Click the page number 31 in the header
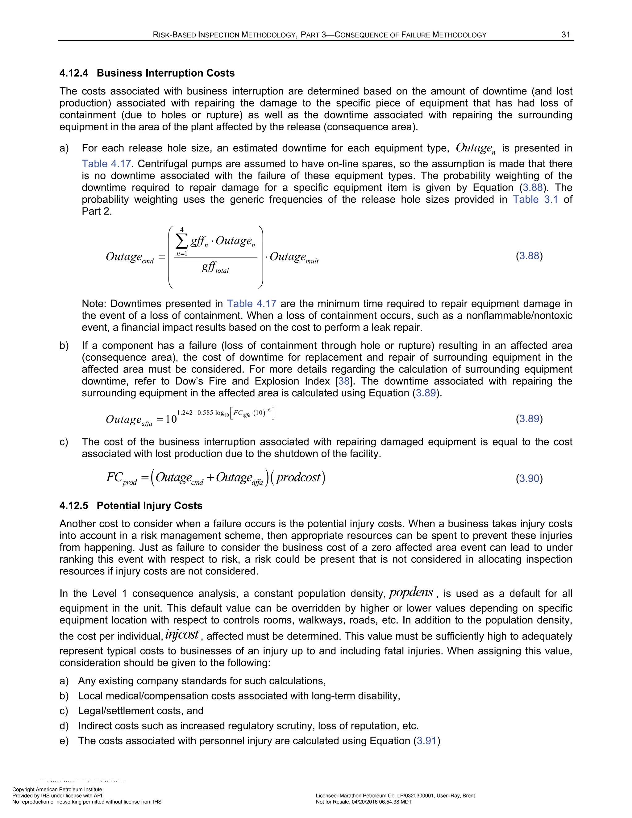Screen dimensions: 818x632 (565, 35)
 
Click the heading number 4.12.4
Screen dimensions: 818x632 (74, 73)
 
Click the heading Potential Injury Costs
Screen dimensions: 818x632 (149, 506)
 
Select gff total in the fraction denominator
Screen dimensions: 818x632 (215, 268)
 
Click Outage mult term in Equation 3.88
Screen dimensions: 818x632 (294, 258)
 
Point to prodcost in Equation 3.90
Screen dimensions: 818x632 (298, 478)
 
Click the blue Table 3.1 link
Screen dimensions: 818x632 (535, 199)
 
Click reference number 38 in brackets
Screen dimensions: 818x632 (344, 381)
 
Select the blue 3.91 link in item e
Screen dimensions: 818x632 (426, 741)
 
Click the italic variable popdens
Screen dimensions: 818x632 (411, 593)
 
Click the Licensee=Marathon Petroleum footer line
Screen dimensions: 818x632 (395, 795)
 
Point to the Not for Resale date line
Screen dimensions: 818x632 (364, 802)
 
